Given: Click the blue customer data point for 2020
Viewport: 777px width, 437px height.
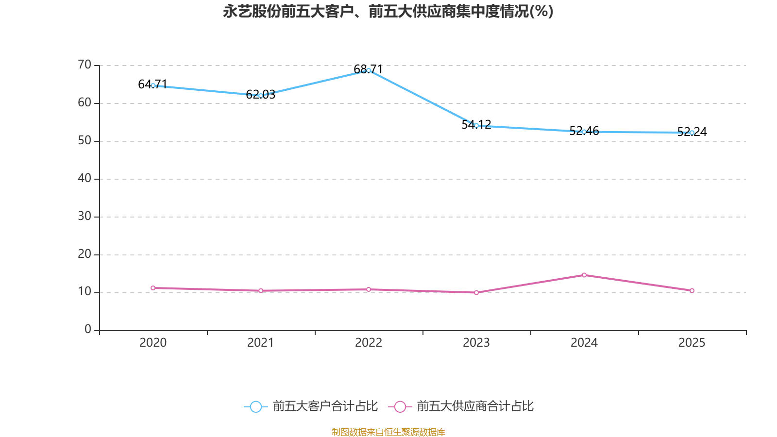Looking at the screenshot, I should click(153, 85).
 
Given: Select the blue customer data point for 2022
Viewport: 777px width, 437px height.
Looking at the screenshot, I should click(369, 70).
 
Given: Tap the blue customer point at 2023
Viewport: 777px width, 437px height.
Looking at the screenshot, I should click(476, 126).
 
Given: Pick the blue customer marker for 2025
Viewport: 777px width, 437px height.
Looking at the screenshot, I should click(692, 133).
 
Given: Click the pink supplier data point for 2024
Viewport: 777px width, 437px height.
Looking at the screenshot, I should click(584, 275).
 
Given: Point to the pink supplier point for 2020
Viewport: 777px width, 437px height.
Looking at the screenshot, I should click(153, 288).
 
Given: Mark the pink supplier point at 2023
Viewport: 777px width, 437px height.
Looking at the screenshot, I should click(476, 292).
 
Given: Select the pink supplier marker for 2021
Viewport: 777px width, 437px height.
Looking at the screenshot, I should click(261, 290).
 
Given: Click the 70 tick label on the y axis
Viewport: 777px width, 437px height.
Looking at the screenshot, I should click(84, 65).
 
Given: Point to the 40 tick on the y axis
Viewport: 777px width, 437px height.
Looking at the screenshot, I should click(84, 178).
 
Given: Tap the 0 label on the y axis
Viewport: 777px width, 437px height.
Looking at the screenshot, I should click(88, 330).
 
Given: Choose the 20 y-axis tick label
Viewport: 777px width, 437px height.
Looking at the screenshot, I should click(84, 254).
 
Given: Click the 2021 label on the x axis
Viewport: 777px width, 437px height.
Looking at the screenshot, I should click(261, 343).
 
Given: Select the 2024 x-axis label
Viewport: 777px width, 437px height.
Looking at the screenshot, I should click(584, 343).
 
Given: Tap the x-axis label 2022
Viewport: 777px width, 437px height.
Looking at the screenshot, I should click(369, 343).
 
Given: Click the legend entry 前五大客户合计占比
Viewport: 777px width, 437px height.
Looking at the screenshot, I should click(324, 406).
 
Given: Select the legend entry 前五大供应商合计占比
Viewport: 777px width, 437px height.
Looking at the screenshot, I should click(475, 406).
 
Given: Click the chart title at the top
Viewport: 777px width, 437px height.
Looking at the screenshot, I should click(388, 11).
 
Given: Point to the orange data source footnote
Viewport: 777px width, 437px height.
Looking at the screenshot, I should click(388, 432).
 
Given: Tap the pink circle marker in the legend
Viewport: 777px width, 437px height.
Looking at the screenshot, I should click(400, 407).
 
